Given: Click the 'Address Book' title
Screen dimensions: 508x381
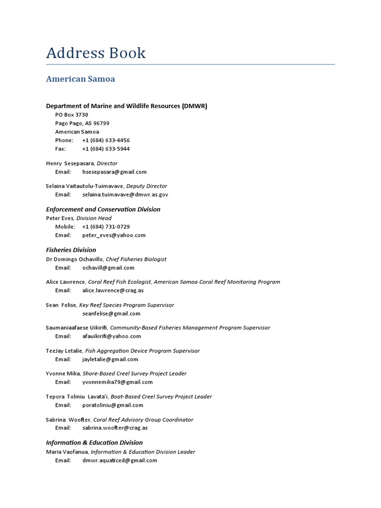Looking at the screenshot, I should point(96,53).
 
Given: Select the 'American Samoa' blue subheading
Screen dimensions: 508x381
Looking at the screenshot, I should point(80,79).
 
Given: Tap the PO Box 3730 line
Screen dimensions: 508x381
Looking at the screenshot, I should point(71,115).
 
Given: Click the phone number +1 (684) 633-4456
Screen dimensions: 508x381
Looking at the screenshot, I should point(106,140).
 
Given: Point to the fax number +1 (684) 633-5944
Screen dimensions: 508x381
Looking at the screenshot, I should point(106,149).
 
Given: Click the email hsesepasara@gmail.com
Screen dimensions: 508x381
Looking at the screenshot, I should point(114,172).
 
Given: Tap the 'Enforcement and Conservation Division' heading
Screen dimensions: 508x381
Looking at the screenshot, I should point(103,209).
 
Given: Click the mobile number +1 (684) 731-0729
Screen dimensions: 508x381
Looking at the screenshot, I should point(106,227).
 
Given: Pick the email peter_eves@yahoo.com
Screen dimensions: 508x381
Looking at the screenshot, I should point(114,235).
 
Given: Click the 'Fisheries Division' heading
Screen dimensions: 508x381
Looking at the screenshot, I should point(71,250).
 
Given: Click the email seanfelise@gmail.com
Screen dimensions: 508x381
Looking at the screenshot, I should point(111,314).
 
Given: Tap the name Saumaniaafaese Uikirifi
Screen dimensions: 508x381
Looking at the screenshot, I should point(76,328).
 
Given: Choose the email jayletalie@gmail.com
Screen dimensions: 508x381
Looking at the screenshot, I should point(110,359).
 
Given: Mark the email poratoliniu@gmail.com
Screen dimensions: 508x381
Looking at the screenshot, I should point(113,405).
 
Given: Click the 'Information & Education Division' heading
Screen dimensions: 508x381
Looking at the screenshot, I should point(94,443).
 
